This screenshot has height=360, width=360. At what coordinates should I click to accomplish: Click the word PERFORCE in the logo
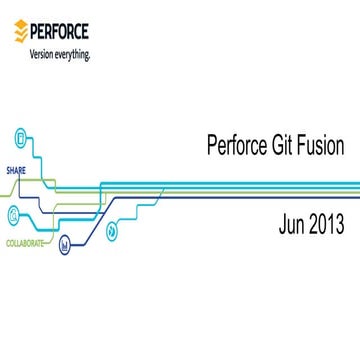[x=61, y=33]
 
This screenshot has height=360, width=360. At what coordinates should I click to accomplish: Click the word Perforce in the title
[x=233, y=146]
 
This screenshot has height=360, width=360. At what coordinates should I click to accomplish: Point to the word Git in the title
[x=282, y=146]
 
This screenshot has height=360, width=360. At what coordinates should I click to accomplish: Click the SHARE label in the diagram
[x=16, y=170]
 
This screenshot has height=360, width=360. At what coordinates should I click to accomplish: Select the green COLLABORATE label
[x=25, y=243]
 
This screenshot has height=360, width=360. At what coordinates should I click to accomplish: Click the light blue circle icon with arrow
[x=111, y=230]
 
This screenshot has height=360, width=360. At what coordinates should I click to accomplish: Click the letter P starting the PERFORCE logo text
[x=35, y=33]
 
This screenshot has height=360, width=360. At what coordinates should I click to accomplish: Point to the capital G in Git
[x=274, y=146]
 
